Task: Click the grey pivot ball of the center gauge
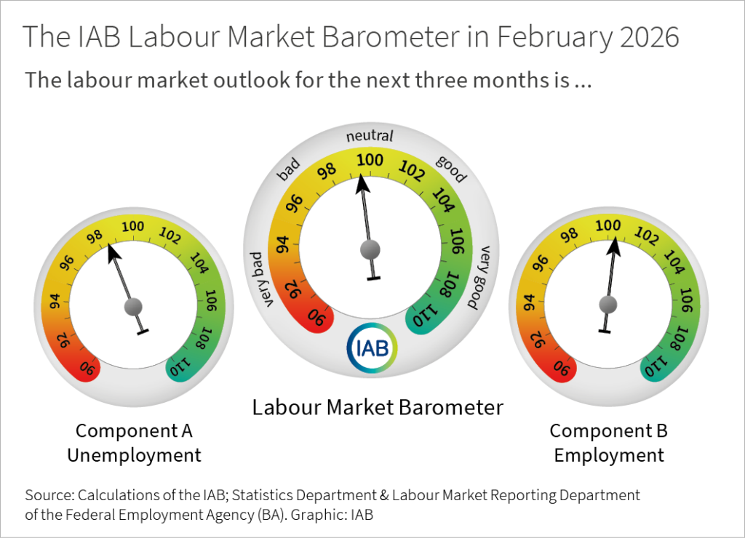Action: click(x=370, y=249)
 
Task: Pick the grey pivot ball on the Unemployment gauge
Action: click(x=132, y=306)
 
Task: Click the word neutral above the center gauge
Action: click(x=370, y=136)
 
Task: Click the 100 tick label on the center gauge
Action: click(x=370, y=160)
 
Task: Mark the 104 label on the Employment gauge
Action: click(x=674, y=261)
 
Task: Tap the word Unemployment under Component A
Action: click(x=134, y=455)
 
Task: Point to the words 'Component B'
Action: click(x=608, y=430)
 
